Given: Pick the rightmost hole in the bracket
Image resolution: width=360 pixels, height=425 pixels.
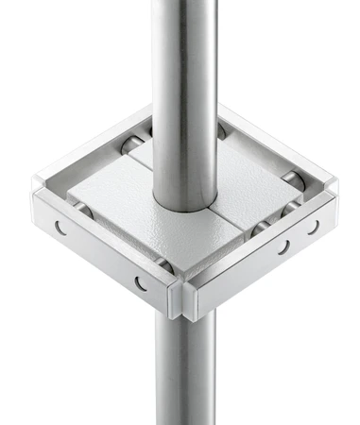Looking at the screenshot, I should click(313, 228).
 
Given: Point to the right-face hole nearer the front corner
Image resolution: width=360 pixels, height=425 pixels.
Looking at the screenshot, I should click(283, 247).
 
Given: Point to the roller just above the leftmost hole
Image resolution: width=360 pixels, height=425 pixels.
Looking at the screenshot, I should click(79, 210).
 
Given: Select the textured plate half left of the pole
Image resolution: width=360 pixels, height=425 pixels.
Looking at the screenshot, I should click(113, 203).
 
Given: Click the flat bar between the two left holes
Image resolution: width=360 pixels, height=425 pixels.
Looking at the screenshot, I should click(99, 253).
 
